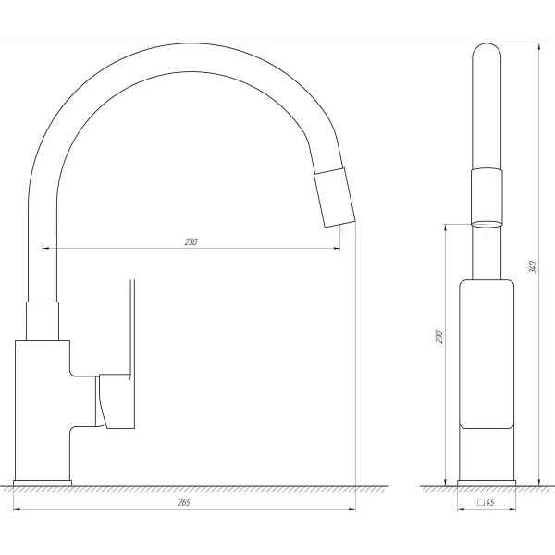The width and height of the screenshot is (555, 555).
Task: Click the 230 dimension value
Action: pyautogui.click(x=191, y=242)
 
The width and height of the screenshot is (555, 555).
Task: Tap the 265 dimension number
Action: pyautogui.click(x=184, y=502)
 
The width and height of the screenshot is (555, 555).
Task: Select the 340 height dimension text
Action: pyautogui.click(x=533, y=267)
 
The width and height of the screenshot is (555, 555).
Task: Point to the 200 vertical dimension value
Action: pyautogui.click(x=438, y=337)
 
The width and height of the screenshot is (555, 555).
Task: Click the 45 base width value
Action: pyautogui.click(x=490, y=502)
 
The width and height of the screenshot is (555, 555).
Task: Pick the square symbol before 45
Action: pyautogui.click(x=481, y=502)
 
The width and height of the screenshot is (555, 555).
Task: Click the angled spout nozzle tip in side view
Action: pyautogui.click(x=335, y=198)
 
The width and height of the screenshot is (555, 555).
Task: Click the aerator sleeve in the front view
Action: pyautogui.click(x=487, y=196)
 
